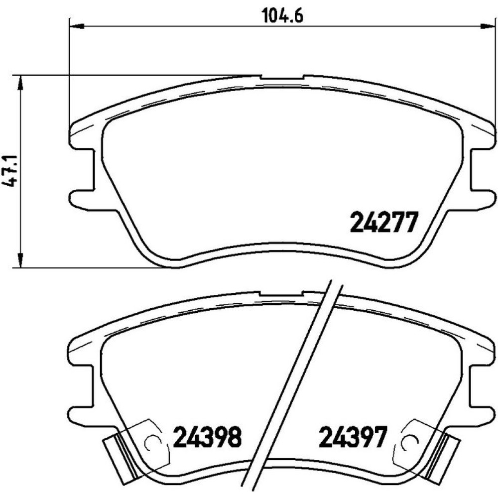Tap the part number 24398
[207, 437]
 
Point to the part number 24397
[353, 437]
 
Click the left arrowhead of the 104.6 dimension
[76, 26]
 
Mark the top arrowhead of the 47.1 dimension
[20, 83]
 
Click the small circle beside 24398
[151, 441]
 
